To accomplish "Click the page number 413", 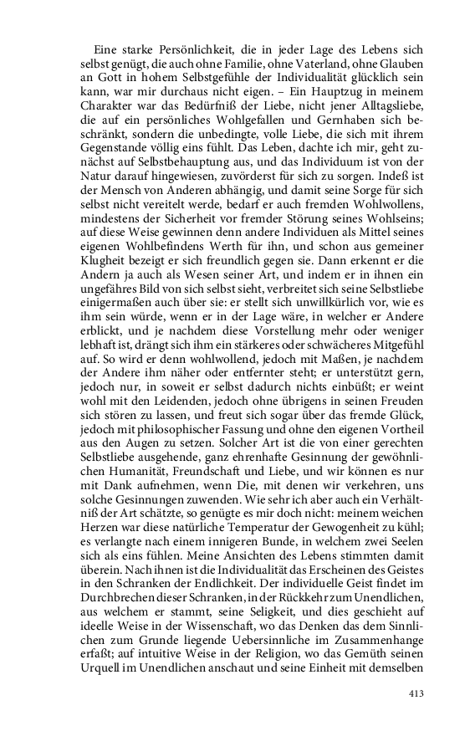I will (417, 693).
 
